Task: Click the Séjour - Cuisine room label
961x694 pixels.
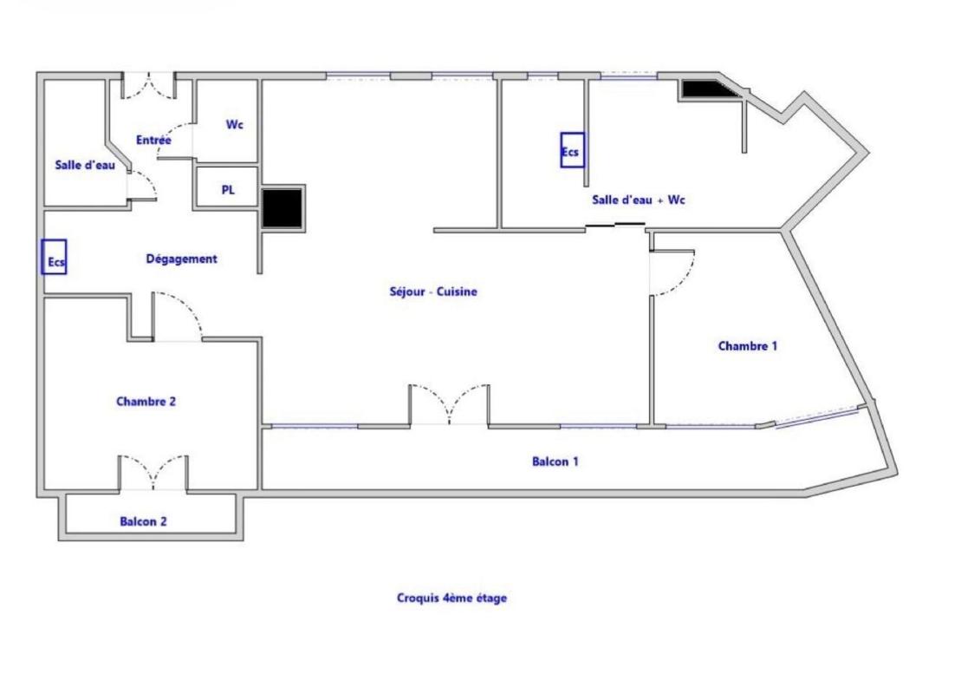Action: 433,291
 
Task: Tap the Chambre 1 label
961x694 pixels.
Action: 747,346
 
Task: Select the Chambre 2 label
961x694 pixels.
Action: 146,402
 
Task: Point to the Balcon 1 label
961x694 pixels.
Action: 555,462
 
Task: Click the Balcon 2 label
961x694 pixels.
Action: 144,521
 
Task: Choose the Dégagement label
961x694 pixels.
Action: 181,259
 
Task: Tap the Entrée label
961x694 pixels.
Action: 153,140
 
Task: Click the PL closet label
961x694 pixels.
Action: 228,190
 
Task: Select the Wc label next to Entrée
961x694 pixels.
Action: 235,125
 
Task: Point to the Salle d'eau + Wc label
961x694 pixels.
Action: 639,200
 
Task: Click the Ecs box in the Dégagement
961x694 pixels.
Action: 55,257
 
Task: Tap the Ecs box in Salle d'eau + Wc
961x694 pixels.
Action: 573,150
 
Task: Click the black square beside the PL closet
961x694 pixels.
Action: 282,208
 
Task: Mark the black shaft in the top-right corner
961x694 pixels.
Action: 708,89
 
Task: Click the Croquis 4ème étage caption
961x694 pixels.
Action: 451,598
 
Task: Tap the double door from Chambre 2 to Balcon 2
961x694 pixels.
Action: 153,473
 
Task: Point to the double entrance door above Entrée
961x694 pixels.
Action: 149,86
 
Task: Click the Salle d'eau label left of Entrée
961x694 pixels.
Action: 85,165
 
